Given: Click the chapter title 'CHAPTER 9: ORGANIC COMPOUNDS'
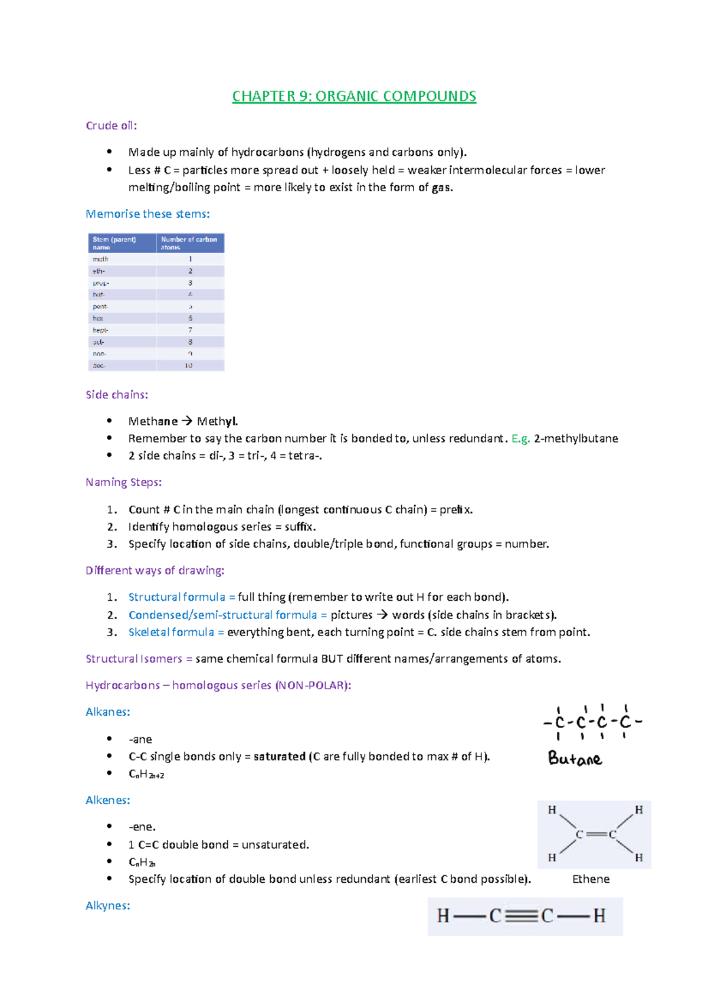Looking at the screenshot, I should tap(354, 96).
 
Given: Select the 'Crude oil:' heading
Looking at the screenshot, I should tap(111, 126).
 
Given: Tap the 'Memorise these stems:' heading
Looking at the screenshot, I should tap(147, 214).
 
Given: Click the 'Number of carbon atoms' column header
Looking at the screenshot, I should tap(189, 243).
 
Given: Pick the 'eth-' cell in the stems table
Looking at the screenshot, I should tap(99, 271).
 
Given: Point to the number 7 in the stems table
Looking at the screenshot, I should tap(190, 330).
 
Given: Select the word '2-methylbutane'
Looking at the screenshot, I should tap(576, 438).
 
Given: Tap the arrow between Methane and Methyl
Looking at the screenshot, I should tap(187, 421).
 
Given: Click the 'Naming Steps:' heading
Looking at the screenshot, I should tap(123, 482).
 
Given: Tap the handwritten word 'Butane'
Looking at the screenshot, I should tap(575, 758).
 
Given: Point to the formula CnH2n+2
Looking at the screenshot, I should tap(146, 774).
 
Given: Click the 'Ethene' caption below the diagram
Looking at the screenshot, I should tap(591, 879).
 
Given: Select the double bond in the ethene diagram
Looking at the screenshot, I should tap(596, 834).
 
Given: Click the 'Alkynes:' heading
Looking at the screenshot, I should tap(108, 906).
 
